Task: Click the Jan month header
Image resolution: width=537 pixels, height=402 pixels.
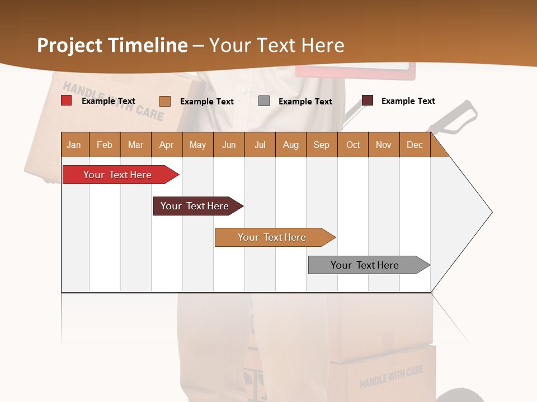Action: coord(74,145)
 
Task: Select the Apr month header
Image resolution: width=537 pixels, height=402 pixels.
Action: coord(166,145)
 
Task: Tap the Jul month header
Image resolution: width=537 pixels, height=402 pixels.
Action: coord(260,145)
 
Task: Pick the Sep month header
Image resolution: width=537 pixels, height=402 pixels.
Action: coord(321,145)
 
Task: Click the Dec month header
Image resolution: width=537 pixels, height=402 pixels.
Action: coord(414,145)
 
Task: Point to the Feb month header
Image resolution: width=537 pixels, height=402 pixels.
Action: coord(105,145)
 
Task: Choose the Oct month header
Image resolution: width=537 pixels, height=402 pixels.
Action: coord(353,145)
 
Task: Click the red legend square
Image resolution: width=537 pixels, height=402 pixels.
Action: coord(67,100)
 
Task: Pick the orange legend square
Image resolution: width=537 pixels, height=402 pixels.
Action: coord(165,101)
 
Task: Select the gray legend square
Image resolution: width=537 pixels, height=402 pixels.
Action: coord(264,101)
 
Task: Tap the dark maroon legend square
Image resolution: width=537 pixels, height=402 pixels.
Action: coord(367,100)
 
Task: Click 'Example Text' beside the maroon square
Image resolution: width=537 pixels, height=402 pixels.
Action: coord(408,101)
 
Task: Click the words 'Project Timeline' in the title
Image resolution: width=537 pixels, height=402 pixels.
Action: coord(112,45)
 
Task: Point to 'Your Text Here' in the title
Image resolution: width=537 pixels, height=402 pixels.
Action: coord(276,45)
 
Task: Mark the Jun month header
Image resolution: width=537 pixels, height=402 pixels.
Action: coord(229,145)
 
